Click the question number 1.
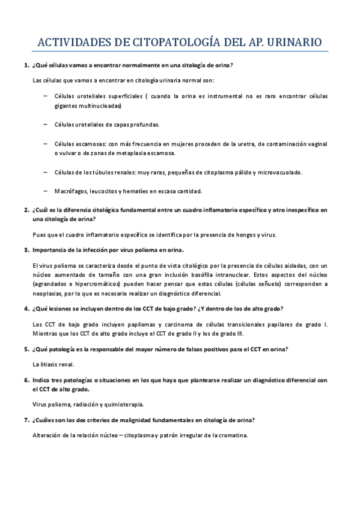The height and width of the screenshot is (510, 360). point(26,65)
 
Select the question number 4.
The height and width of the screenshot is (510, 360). point(26,309)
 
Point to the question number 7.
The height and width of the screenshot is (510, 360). point(26,420)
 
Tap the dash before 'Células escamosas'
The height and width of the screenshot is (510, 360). point(47,144)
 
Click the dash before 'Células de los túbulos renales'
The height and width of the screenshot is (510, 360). point(47,172)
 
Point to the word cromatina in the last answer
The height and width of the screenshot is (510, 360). point(231,435)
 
